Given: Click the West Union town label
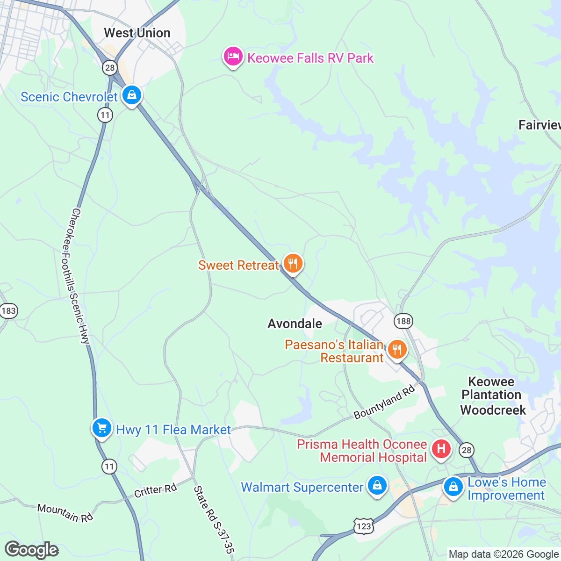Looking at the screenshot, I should [x=137, y=33].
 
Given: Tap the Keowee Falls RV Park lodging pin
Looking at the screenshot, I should [x=233, y=57].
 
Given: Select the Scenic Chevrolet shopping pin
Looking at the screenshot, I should [x=132, y=95].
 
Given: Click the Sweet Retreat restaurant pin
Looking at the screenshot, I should [x=293, y=264].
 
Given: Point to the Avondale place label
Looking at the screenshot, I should [x=295, y=324].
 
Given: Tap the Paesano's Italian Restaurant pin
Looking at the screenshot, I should [x=396, y=350].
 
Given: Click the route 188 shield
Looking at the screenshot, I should [x=403, y=321].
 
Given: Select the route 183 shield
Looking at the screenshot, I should [x=8, y=311].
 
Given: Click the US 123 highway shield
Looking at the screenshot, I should [x=363, y=526].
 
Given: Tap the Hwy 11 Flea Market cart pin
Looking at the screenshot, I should [x=101, y=428].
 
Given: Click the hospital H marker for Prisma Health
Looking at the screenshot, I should [x=441, y=449].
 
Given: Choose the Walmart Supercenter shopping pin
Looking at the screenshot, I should [x=377, y=486].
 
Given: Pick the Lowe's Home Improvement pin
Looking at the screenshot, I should [x=453, y=487].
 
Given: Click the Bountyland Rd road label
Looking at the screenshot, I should [x=384, y=402].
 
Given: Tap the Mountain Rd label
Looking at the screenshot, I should [x=65, y=513].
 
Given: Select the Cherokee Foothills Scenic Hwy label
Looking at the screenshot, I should [x=78, y=276].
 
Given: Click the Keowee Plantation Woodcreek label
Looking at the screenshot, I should [x=493, y=396].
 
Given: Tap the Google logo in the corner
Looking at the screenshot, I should [x=31, y=550].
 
